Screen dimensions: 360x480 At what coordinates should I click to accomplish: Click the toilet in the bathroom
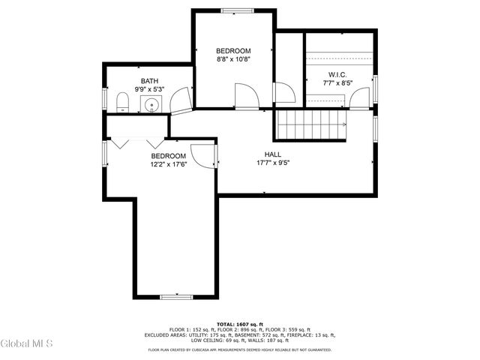(x=123, y=103)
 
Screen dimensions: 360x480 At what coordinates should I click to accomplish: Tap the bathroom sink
(x=152, y=104)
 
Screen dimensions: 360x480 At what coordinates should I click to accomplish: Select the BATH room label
(x=150, y=80)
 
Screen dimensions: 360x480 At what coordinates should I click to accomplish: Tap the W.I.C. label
(x=336, y=74)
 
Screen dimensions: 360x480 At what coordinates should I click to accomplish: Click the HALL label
(x=272, y=154)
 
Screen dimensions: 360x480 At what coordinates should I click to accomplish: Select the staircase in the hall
(x=310, y=123)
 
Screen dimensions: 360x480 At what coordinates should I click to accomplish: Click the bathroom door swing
(x=179, y=100)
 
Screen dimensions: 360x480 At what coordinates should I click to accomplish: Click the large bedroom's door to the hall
(x=202, y=154)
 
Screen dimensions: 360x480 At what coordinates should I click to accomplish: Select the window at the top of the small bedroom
(x=234, y=10)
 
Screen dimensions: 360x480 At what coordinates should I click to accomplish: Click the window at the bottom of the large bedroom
(x=175, y=297)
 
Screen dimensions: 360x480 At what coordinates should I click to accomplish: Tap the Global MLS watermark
(x=27, y=344)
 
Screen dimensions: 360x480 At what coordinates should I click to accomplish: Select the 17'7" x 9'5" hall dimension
(x=272, y=162)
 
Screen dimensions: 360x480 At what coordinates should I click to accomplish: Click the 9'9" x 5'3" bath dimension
(x=150, y=88)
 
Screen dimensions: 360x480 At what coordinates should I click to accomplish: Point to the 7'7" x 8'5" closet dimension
(x=336, y=83)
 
